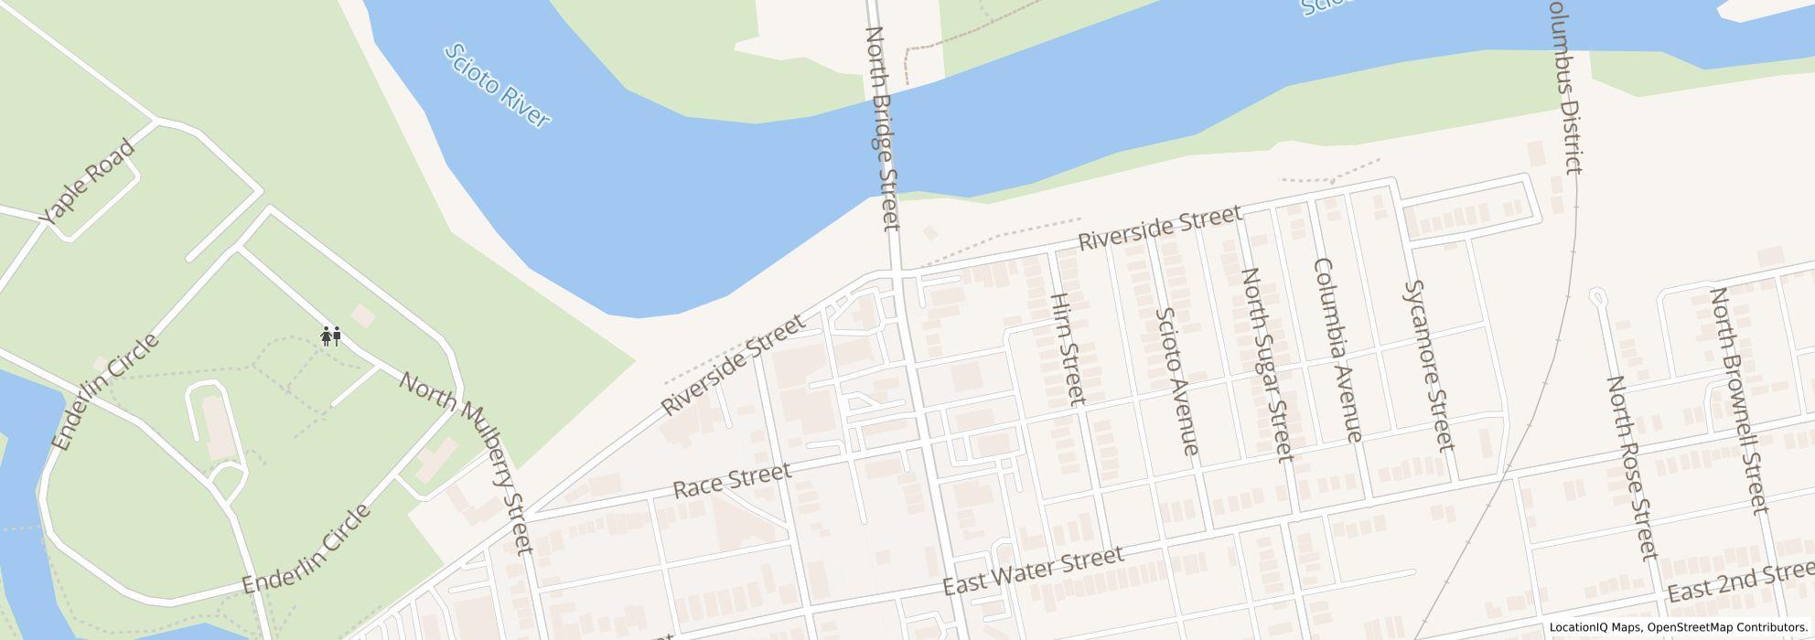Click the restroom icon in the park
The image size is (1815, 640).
click(331, 336)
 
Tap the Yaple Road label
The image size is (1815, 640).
click(89, 183)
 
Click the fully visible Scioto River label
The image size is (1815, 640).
click(496, 86)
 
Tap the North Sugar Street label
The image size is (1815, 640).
click(1266, 364)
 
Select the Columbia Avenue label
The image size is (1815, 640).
click(1337, 349)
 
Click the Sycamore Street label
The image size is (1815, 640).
click(1428, 366)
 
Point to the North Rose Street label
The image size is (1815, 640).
click(1632, 466)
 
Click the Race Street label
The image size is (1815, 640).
click(731, 480)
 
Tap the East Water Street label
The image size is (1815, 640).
click(1033, 571)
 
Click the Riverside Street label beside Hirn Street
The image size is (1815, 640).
click(1160, 229)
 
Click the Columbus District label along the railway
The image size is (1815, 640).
click(1563, 87)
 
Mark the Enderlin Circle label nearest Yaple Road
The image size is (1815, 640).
click(105, 392)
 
